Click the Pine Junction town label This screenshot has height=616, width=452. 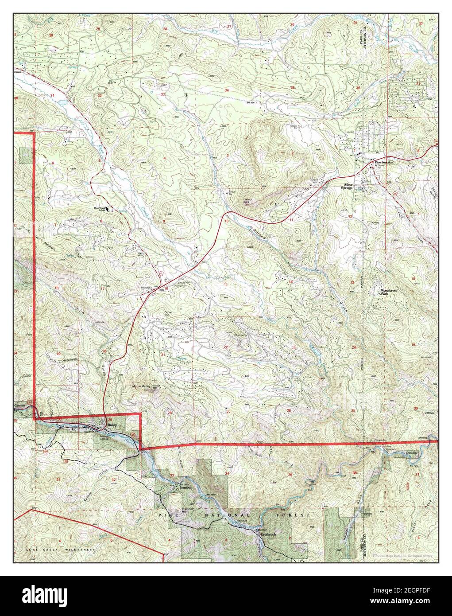tap(384, 163)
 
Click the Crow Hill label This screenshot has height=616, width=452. tap(168, 313)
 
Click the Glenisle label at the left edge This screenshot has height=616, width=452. tap(20, 405)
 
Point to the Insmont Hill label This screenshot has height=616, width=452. tap(189, 510)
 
